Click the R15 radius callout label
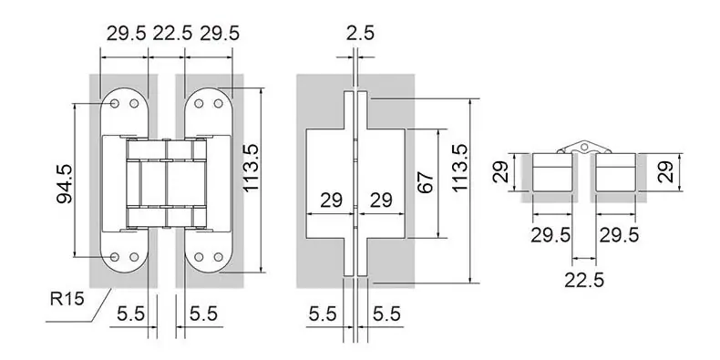pos(67,299)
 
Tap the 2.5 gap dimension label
pos(361,33)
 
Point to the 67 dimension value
pos(427,182)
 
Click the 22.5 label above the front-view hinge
pos(172,33)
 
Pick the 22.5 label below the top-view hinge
pos(584,280)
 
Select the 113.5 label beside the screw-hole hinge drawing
pos(251,168)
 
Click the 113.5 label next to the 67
pos(459,168)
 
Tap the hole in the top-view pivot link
pos(583,147)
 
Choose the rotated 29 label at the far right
pos(667,171)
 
